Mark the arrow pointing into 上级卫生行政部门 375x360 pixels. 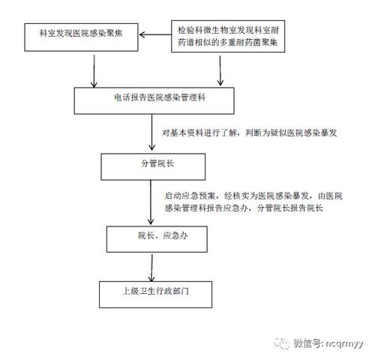tap(154, 266)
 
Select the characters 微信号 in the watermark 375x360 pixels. tap(305, 343)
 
